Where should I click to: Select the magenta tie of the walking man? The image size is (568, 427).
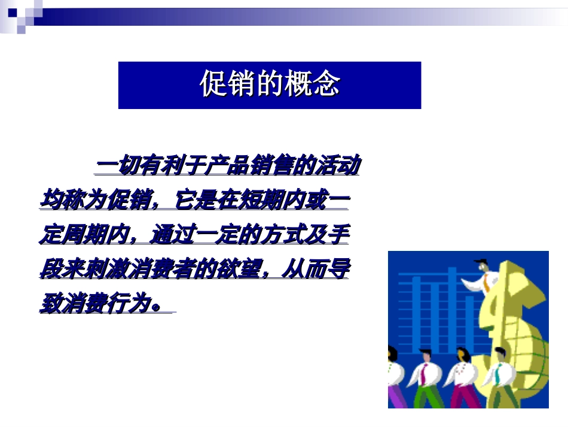tap(423, 373)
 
